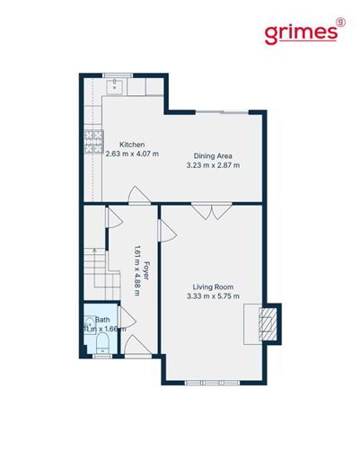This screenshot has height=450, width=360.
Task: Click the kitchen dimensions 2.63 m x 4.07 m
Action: (131, 154)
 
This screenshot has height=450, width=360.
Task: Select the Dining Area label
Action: (213, 155)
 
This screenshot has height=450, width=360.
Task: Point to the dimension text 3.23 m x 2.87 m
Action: (213, 165)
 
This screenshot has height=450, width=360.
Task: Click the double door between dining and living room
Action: (213, 212)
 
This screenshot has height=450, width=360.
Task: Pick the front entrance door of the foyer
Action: (136, 347)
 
